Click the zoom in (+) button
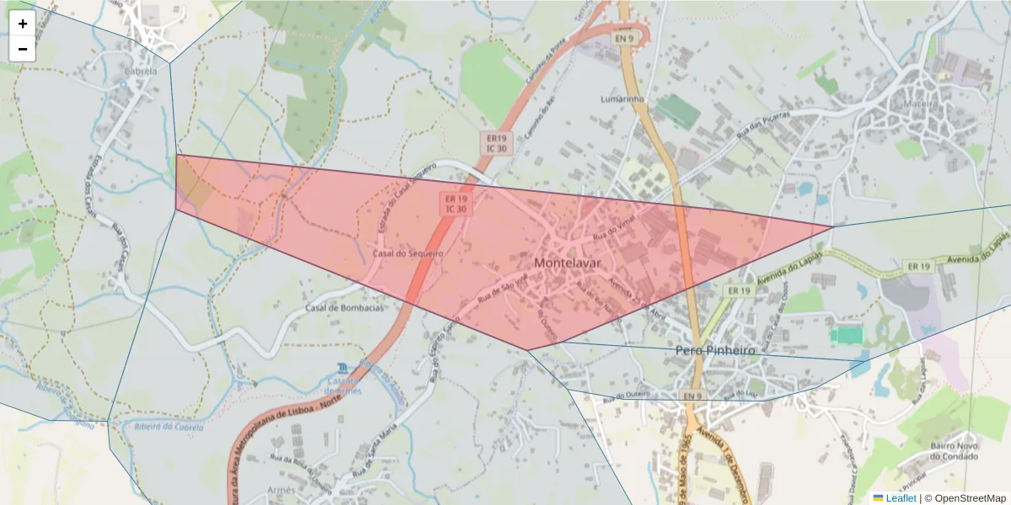23,24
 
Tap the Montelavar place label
565,263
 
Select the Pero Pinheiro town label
715,349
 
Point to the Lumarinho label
623,98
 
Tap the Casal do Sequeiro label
408,252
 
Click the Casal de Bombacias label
344,308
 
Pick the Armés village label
281,490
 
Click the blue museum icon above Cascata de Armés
341,369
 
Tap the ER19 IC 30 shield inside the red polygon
456,203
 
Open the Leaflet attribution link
894,498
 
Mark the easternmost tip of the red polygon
832,226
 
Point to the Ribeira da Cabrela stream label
168,428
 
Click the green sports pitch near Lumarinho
678,112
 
